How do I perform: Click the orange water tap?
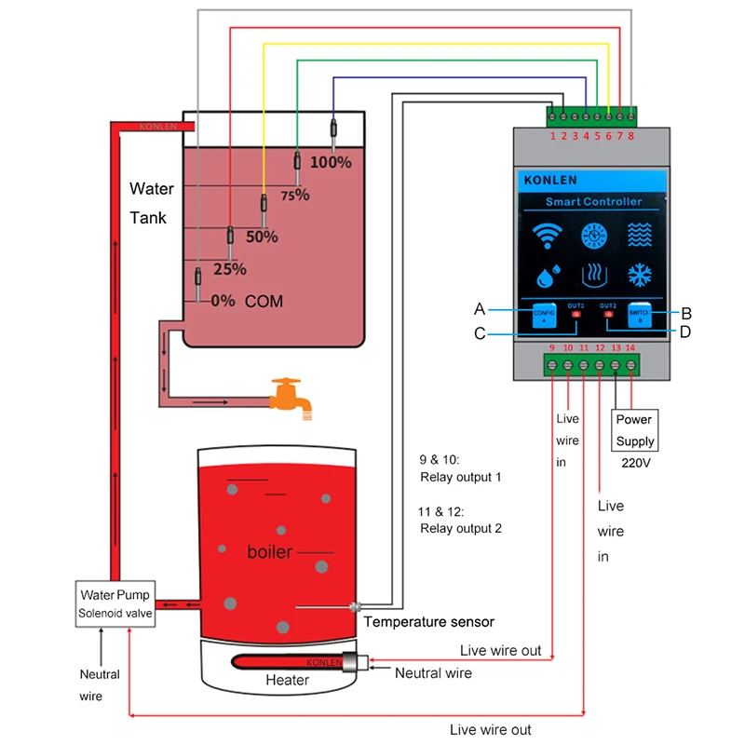(x=287, y=395)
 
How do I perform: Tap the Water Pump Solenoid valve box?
(x=115, y=603)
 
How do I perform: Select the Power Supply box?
(x=635, y=430)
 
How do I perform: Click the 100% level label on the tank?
(x=331, y=162)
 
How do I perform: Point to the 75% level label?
(x=294, y=196)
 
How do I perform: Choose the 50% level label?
(x=262, y=237)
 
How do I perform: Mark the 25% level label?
(x=230, y=269)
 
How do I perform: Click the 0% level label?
(x=223, y=302)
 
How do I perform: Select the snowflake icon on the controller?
(x=638, y=277)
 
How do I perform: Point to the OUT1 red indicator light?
(x=576, y=315)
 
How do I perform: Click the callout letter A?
(x=480, y=309)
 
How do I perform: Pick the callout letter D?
(x=685, y=332)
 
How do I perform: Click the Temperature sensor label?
(x=428, y=622)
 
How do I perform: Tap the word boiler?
(x=269, y=552)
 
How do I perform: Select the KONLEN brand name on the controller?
(x=550, y=181)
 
